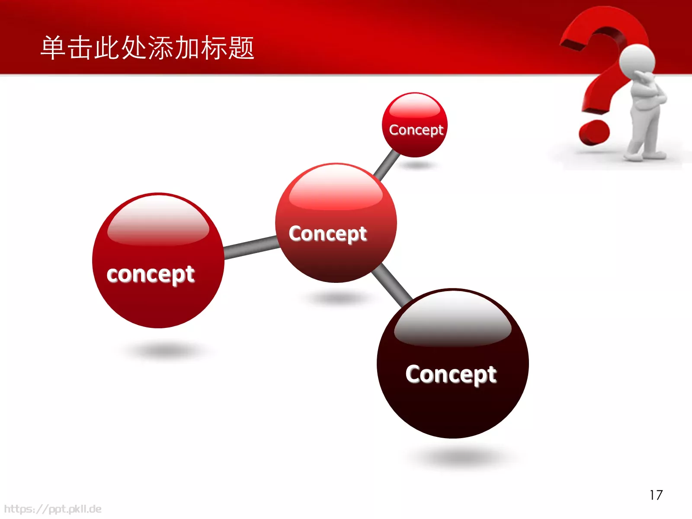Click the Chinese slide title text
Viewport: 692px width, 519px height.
click(x=147, y=48)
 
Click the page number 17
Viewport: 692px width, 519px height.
click(x=656, y=495)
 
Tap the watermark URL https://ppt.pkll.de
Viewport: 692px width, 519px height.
click(x=53, y=509)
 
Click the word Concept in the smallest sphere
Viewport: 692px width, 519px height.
click(x=416, y=130)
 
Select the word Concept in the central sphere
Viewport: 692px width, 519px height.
click(x=328, y=234)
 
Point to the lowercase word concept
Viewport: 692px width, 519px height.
click(x=151, y=274)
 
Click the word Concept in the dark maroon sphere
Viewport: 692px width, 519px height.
click(x=451, y=375)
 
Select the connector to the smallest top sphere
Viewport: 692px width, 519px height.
click(x=386, y=165)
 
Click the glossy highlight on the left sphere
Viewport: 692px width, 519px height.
click(x=158, y=223)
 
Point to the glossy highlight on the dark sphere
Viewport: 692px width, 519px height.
click(x=453, y=322)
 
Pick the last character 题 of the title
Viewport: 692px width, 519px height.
click(x=241, y=48)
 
